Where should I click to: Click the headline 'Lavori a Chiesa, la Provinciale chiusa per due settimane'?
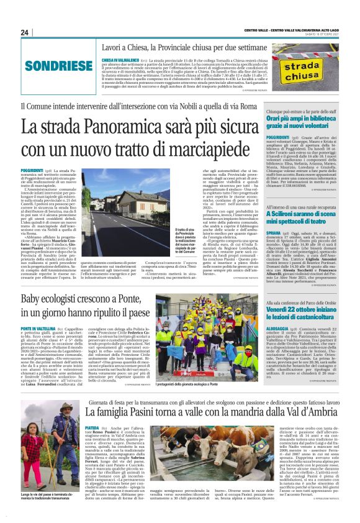point(172,47)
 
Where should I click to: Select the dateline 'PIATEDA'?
point(92,427)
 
